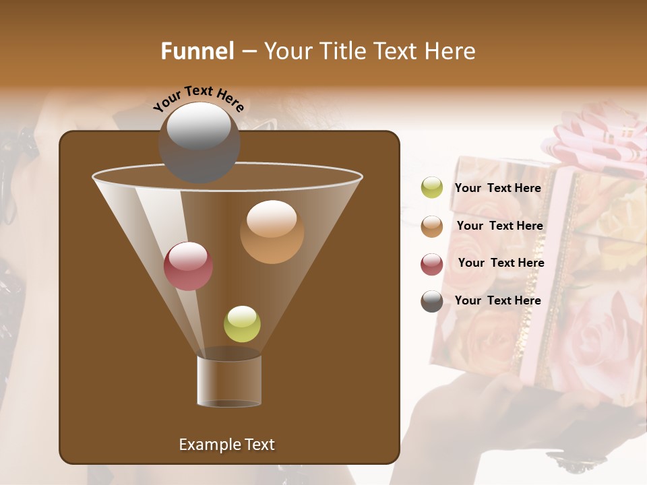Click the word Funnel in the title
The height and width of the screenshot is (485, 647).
tap(197, 51)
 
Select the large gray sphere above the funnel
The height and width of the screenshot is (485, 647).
tap(199, 142)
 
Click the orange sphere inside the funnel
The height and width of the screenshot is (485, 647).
tap(272, 232)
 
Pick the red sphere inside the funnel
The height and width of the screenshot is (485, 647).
tap(188, 266)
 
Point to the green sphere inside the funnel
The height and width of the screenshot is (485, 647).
tap(242, 324)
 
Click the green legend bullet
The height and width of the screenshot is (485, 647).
tap(432, 188)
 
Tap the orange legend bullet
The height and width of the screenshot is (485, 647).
tap(432, 226)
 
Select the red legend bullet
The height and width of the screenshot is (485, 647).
tap(432, 264)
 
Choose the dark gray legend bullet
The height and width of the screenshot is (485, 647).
tap(432, 301)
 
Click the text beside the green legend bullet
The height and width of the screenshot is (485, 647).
tap(497, 188)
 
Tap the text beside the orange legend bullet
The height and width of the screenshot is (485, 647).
tap(499, 226)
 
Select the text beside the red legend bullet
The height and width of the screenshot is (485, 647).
tap(501, 263)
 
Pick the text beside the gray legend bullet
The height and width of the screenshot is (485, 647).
tap(497, 300)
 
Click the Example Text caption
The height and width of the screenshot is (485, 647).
tap(226, 445)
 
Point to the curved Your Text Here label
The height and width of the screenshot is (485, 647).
tap(198, 98)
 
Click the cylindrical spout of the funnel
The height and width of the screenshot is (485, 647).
tap(229, 381)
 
